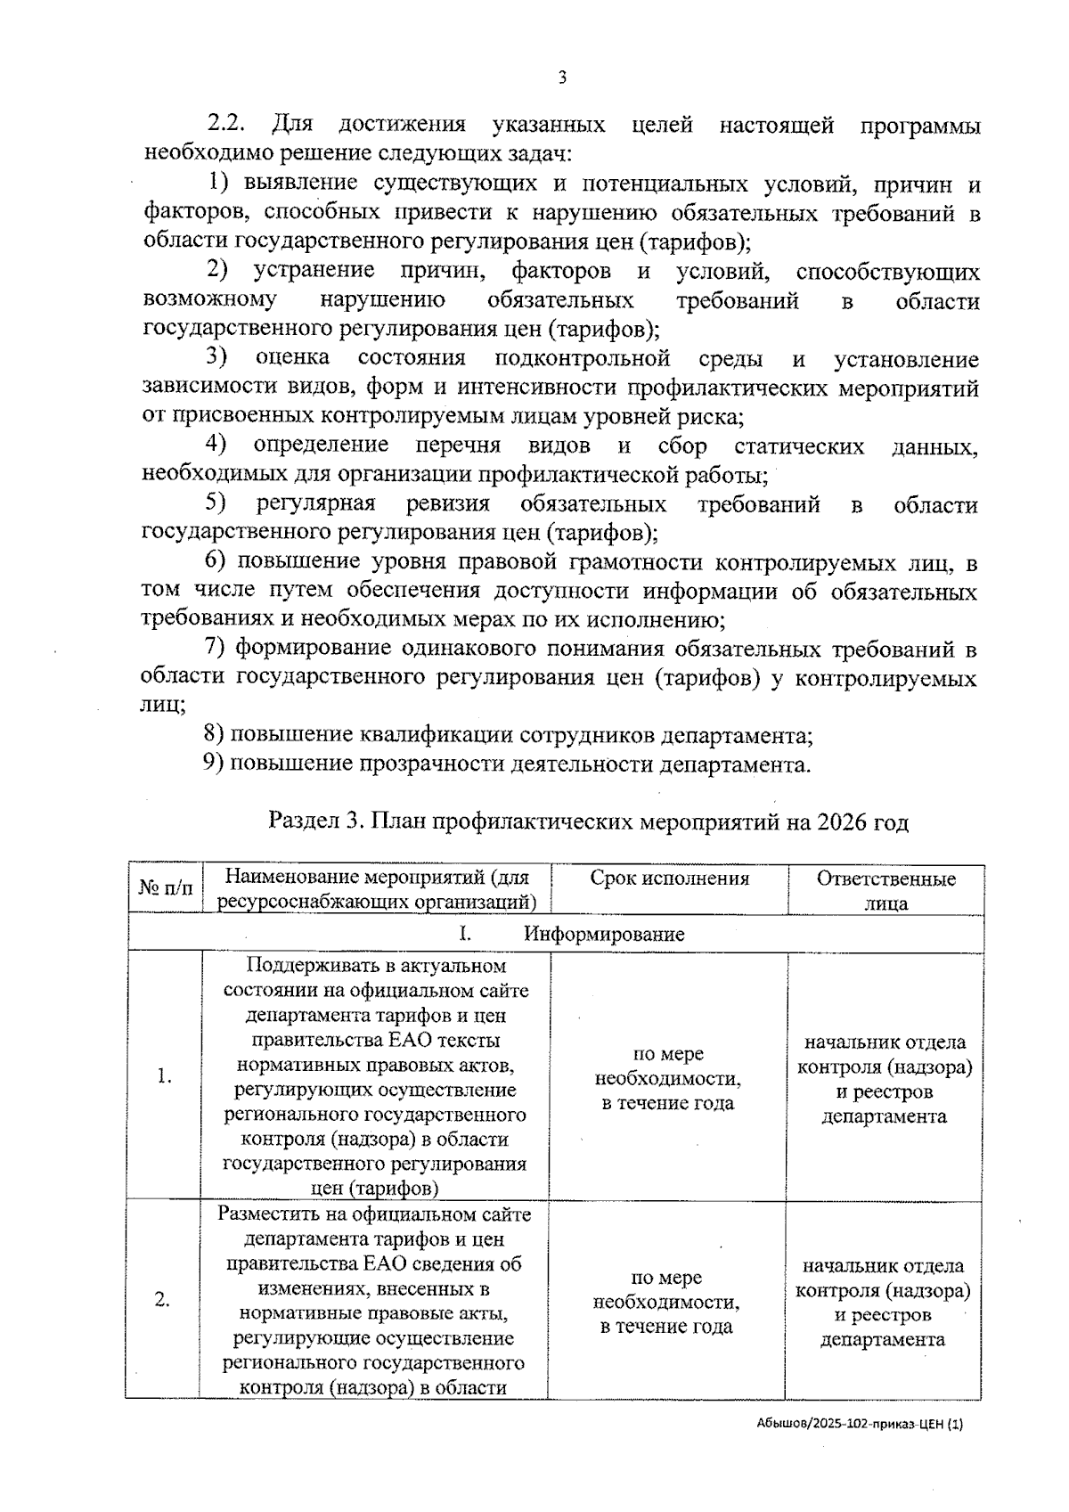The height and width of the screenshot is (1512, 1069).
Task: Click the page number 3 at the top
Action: [x=561, y=78]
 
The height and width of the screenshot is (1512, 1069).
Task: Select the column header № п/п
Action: [x=166, y=888]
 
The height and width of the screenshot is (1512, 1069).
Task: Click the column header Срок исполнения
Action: [x=669, y=879]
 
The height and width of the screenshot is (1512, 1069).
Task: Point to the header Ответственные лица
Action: [x=885, y=890]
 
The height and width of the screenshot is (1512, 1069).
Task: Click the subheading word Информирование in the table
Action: [x=604, y=934]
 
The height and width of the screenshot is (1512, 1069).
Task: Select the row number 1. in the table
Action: [x=165, y=1076]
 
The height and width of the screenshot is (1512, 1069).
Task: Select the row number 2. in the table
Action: [x=162, y=1300]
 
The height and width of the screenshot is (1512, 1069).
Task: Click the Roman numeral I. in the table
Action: [x=465, y=934]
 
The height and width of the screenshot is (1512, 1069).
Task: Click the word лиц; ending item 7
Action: [x=164, y=706]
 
